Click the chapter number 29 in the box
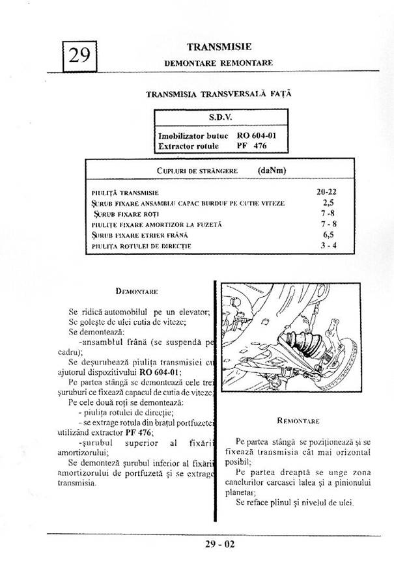[x=79, y=55]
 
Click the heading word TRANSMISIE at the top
[x=219, y=47]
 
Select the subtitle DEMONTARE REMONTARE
[x=218, y=62]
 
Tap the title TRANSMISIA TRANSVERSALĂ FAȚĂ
[x=219, y=94]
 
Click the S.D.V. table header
[x=220, y=118]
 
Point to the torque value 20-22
[x=326, y=193]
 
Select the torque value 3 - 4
[x=328, y=245]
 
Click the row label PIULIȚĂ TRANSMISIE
[x=126, y=193]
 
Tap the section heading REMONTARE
[x=298, y=421]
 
